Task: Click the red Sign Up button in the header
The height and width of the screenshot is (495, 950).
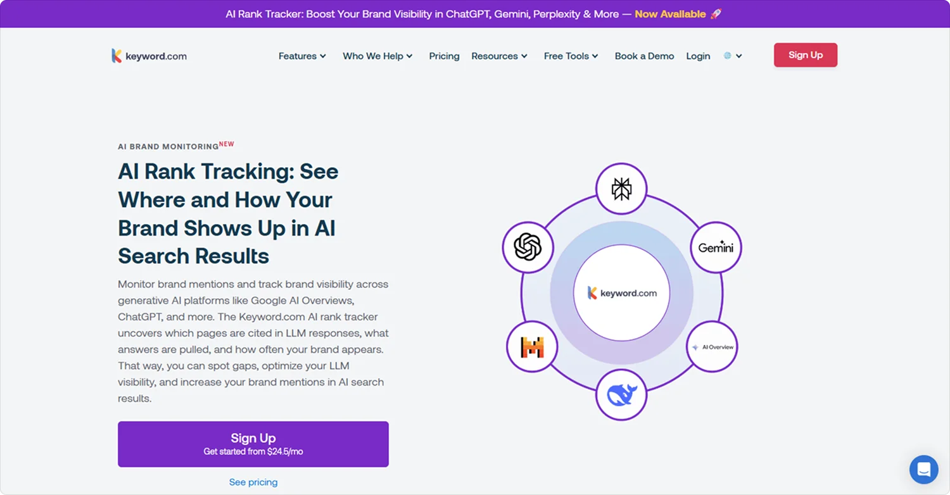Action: [805, 55]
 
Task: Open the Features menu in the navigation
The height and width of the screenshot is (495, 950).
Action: [302, 56]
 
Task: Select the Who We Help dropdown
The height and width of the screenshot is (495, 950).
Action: [377, 56]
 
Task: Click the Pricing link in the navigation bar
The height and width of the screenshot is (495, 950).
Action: [444, 56]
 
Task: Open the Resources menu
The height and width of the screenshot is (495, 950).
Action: [499, 56]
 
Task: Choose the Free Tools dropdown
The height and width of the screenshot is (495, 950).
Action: [571, 56]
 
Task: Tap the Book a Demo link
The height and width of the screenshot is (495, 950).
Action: [644, 56]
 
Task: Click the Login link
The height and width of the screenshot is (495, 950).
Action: [698, 56]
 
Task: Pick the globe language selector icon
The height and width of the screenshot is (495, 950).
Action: [728, 56]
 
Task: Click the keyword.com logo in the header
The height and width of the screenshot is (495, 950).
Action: [149, 56]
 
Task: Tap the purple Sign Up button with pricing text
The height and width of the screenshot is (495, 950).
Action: [253, 444]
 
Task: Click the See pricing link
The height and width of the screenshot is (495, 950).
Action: [253, 482]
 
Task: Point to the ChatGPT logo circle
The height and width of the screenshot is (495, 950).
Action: [528, 247]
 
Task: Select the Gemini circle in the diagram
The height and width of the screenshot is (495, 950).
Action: [716, 247]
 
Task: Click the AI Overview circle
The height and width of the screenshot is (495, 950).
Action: [712, 347]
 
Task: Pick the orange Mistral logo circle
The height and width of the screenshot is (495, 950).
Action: [532, 347]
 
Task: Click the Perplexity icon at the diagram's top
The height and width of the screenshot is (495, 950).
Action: [621, 189]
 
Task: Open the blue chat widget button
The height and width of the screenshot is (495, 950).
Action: [923, 470]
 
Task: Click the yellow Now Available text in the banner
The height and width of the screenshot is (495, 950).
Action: [670, 14]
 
